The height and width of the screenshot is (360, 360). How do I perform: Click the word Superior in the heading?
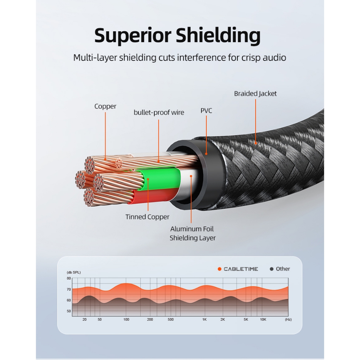[133, 36]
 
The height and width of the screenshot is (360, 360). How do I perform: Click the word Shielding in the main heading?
[218, 35]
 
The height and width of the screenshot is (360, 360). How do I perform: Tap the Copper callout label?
[105, 107]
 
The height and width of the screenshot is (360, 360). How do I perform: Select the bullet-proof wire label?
[159, 112]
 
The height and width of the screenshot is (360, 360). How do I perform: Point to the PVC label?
[206, 111]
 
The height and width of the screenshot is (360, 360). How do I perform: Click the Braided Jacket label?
[255, 94]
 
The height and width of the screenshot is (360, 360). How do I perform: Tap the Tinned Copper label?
[147, 217]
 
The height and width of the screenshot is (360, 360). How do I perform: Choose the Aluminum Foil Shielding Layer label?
[193, 233]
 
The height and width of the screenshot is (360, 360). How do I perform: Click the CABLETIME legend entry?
[238, 269]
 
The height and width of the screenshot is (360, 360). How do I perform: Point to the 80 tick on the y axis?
[69, 278]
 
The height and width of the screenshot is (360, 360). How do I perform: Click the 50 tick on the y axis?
[69, 311]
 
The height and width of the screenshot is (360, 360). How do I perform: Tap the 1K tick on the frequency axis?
[205, 319]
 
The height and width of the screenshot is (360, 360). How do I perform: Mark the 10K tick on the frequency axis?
[263, 319]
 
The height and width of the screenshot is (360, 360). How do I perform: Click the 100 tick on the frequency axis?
[126, 319]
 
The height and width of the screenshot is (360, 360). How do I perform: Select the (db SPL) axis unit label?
[74, 272]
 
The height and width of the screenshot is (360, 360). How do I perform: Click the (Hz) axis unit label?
[288, 319]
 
